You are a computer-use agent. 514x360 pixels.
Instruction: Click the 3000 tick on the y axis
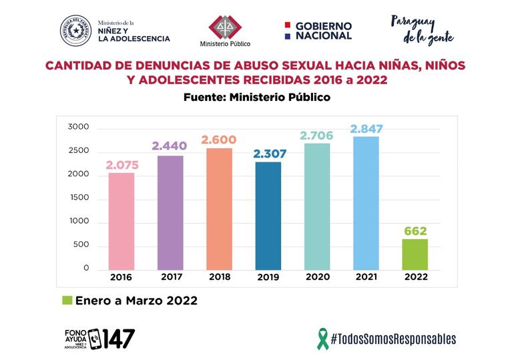tap(78, 128)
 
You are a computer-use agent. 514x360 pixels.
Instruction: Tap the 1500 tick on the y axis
tap(78, 198)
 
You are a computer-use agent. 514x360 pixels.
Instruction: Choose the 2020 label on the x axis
tap(318, 277)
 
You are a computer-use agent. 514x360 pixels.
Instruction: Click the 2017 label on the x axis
tap(171, 277)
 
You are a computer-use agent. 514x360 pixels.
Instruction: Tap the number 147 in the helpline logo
tap(119, 338)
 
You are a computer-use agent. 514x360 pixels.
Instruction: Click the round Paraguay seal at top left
tap(75, 31)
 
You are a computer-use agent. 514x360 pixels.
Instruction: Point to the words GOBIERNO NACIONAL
tap(323, 31)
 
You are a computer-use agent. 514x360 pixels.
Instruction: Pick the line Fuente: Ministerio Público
tap(257, 97)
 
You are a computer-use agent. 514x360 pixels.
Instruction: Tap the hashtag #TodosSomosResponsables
tap(393, 339)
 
